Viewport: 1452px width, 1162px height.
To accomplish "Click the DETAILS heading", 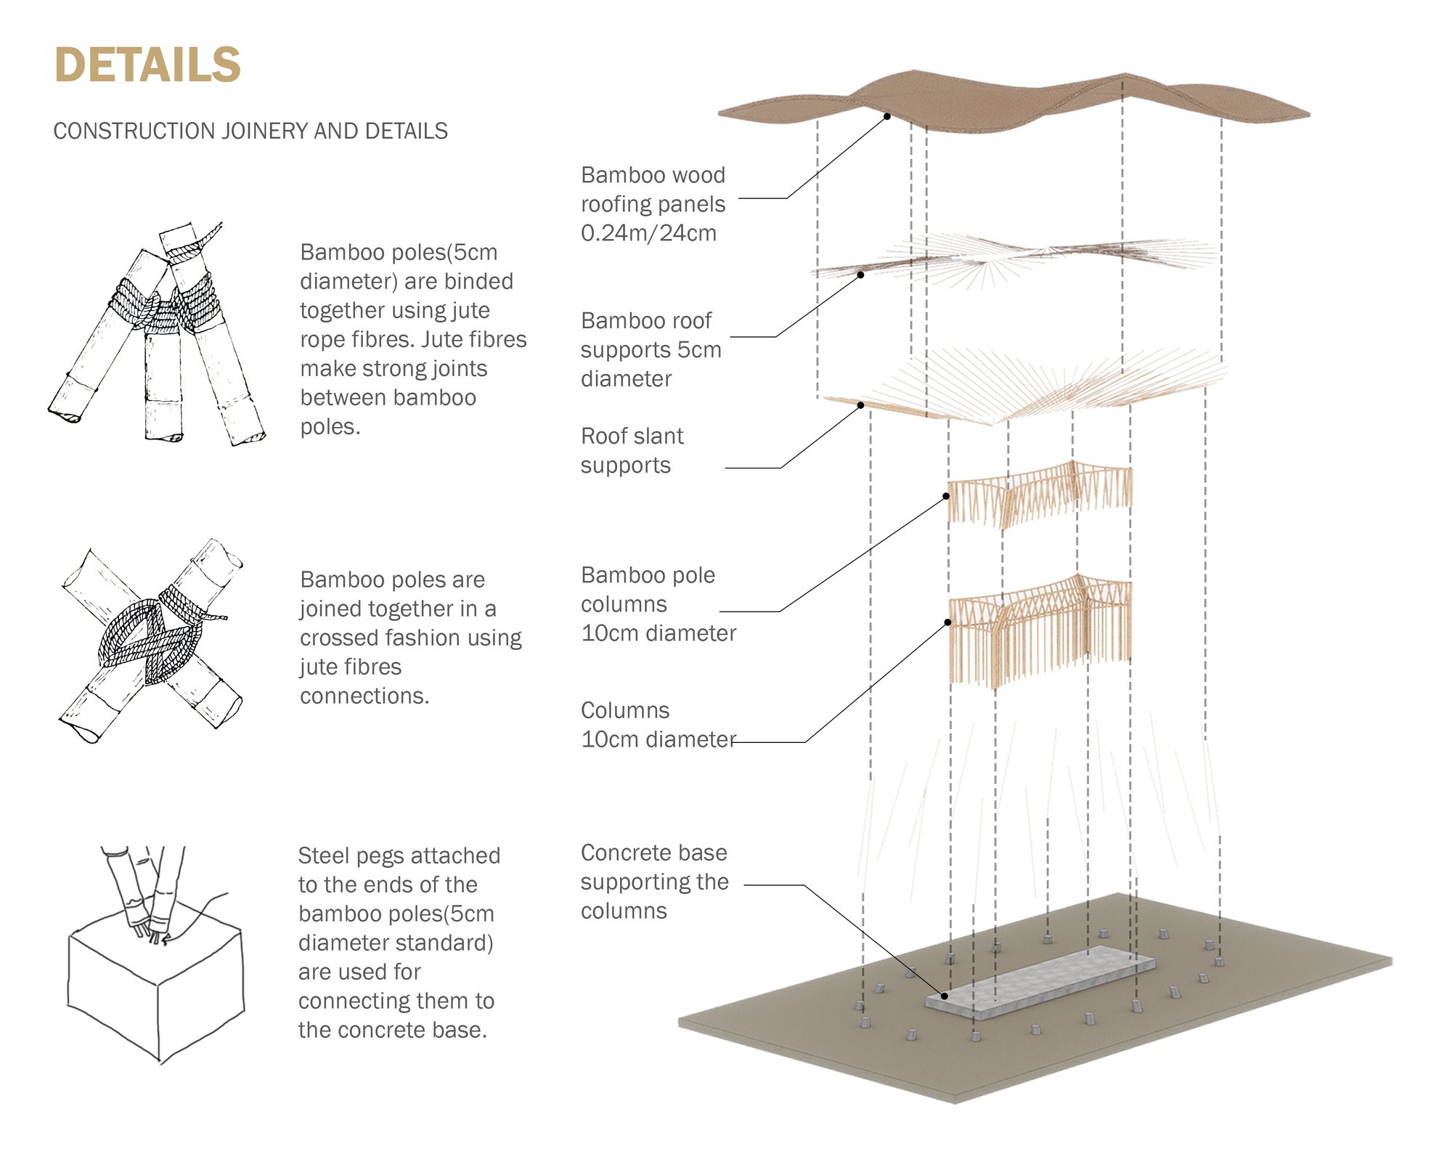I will click(147, 65).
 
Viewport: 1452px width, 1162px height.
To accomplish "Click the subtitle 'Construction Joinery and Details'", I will click(250, 131).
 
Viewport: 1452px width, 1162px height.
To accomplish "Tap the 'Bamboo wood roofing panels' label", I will click(653, 203).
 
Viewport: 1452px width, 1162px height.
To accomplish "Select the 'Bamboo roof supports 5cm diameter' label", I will click(650, 349).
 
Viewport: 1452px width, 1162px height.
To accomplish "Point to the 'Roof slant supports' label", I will click(632, 450).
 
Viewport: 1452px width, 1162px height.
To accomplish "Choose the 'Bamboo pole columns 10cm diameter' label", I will click(658, 604).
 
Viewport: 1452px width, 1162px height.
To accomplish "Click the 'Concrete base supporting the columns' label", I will click(653, 881).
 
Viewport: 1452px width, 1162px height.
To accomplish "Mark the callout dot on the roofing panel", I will click(887, 116).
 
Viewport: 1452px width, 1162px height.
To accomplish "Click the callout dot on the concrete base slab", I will click(945, 996).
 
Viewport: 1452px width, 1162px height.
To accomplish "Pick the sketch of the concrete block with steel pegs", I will click(156, 959).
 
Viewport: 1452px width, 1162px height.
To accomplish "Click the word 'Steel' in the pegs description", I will click(324, 856).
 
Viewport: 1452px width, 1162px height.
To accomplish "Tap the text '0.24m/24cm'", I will click(648, 233).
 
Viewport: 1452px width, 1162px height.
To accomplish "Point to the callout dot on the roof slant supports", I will click(861, 405).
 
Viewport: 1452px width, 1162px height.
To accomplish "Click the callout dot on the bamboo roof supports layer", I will click(861, 275).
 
